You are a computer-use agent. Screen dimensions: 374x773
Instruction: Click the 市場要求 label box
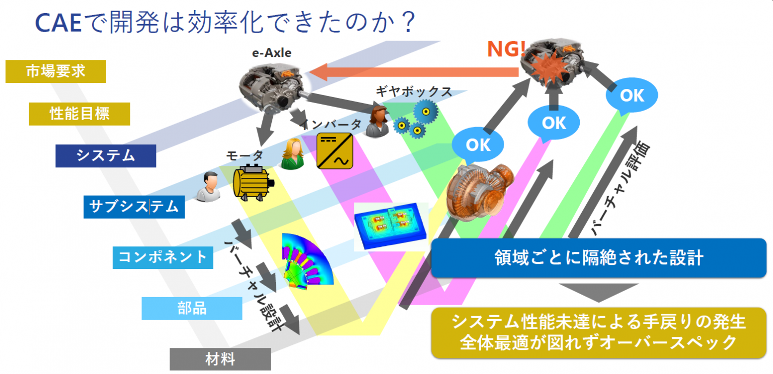click(55, 71)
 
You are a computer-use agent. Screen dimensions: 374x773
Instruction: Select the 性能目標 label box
click(80, 114)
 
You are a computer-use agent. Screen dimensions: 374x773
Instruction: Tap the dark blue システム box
click(106, 156)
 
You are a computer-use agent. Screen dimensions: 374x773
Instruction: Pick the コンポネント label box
click(163, 257)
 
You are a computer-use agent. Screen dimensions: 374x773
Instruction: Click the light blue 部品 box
click(192, 308)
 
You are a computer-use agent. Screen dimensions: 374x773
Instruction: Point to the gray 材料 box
click(220, 359)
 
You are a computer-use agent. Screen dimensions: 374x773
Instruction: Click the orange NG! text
click(506, 49)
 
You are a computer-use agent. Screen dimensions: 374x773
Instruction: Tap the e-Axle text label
click(272, 52)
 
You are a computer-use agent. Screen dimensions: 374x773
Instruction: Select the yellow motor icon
click(252, 181)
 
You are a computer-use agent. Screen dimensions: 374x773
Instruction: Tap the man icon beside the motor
click(208, 187)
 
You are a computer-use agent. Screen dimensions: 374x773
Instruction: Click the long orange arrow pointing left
click(413, 72)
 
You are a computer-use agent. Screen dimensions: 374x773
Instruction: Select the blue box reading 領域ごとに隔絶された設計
click(598, 258)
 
